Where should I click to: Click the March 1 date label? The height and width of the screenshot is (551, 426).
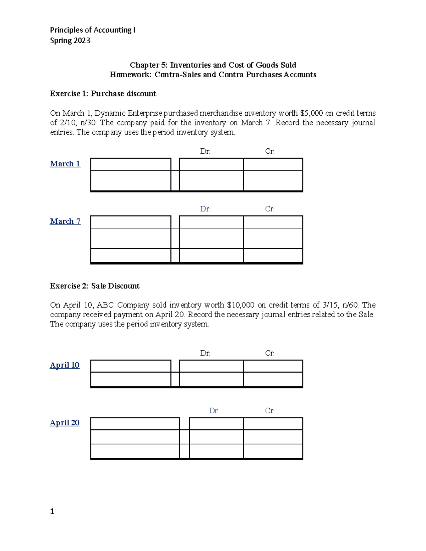[x=65, y=164]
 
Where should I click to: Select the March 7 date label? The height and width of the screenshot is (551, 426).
[x=65, y=221]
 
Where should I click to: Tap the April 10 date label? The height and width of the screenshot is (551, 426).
[x=65, y=365]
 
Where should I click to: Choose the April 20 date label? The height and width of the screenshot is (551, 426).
[x=65, y=423]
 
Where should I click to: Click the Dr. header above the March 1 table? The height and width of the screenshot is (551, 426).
[x=205, y=151]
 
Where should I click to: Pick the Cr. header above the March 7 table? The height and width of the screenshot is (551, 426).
[x=269, y=209]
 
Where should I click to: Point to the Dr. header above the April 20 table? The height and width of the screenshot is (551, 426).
[x=213, y=411]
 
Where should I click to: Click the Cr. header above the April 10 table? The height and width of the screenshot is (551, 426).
[x=269, y=353]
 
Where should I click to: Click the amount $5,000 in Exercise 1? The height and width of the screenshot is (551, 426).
[x=311, y=113]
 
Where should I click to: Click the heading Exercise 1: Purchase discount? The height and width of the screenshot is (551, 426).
[x=103, y=94]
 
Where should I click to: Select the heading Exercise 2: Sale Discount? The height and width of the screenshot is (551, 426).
[x=95, y=286]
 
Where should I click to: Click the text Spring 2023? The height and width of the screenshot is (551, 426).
[x=70, y=40]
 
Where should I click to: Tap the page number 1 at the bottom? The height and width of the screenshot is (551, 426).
[x=52, y=511]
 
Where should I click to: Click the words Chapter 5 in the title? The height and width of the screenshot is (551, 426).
[x=144, y=65]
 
